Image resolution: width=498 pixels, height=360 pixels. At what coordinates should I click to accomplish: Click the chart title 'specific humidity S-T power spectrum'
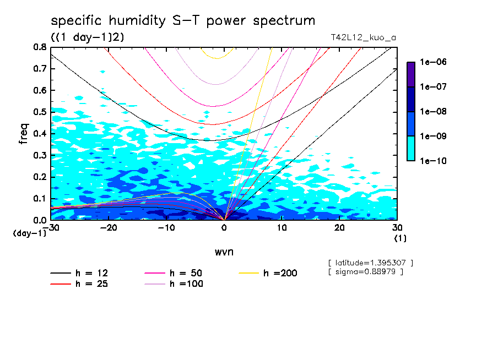tap(183, 21)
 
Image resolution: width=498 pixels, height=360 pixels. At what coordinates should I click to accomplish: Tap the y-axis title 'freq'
tap(23, 134)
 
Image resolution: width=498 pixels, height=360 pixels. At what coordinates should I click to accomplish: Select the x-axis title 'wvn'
tap(224, 252)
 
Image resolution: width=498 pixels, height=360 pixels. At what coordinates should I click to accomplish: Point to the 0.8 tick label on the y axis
tap(39, 47)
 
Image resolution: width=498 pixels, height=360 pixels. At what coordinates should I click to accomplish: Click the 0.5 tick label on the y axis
tap(39, 112)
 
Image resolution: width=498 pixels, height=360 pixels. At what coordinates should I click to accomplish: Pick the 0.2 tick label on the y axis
tap(39, 177)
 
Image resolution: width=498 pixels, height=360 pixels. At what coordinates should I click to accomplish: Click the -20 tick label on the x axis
tap(109, 228)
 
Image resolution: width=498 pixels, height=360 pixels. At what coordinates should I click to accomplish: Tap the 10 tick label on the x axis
tap(282, 228)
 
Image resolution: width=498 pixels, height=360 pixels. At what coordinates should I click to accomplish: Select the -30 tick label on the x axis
tap(51, 228)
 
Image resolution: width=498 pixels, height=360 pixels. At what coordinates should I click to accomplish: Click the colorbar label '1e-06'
tap(434, 62)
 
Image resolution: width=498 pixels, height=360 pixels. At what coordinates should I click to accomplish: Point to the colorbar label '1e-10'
tap(434, 161)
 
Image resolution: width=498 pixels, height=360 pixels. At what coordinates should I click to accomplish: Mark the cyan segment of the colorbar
tap(411, 149)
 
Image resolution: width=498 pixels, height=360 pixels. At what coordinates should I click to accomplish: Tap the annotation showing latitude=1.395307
tap(370, 263)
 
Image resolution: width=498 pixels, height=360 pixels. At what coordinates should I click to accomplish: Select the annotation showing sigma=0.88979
tap(366, 271)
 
